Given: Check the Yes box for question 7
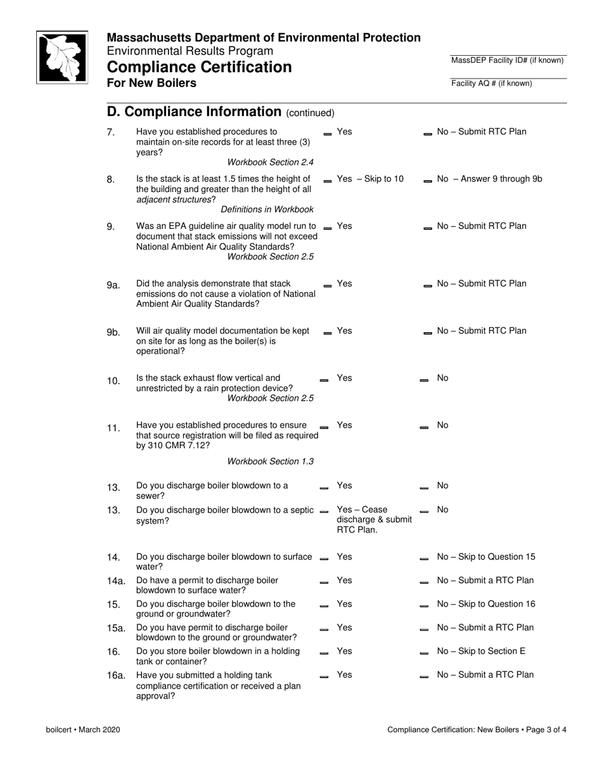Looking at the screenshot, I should point(328,134).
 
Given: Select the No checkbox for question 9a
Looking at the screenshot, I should point(428,286).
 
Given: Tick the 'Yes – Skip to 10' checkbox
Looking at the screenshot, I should point(328,181).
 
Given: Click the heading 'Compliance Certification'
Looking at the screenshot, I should point(199,67).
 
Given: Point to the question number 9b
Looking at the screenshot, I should point(113,333).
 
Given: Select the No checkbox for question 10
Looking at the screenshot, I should point(424,380).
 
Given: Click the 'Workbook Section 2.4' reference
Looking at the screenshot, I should point(270,163).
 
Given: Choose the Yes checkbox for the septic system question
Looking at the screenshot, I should point(324,512).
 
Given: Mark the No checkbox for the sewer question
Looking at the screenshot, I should point(424,488).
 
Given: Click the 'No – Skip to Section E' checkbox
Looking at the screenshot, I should point(424,653).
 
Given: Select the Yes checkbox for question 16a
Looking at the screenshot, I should point(324,677).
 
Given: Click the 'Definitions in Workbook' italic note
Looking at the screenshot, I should point(267,209).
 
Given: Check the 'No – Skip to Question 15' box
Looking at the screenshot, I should point(424,559).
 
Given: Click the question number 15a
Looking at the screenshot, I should point(116,628).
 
